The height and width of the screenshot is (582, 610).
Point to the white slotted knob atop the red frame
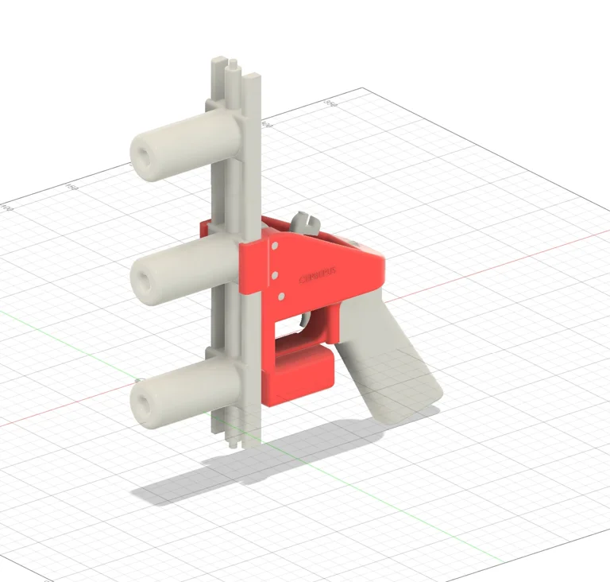305,223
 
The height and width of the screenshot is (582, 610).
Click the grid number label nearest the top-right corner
327,103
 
